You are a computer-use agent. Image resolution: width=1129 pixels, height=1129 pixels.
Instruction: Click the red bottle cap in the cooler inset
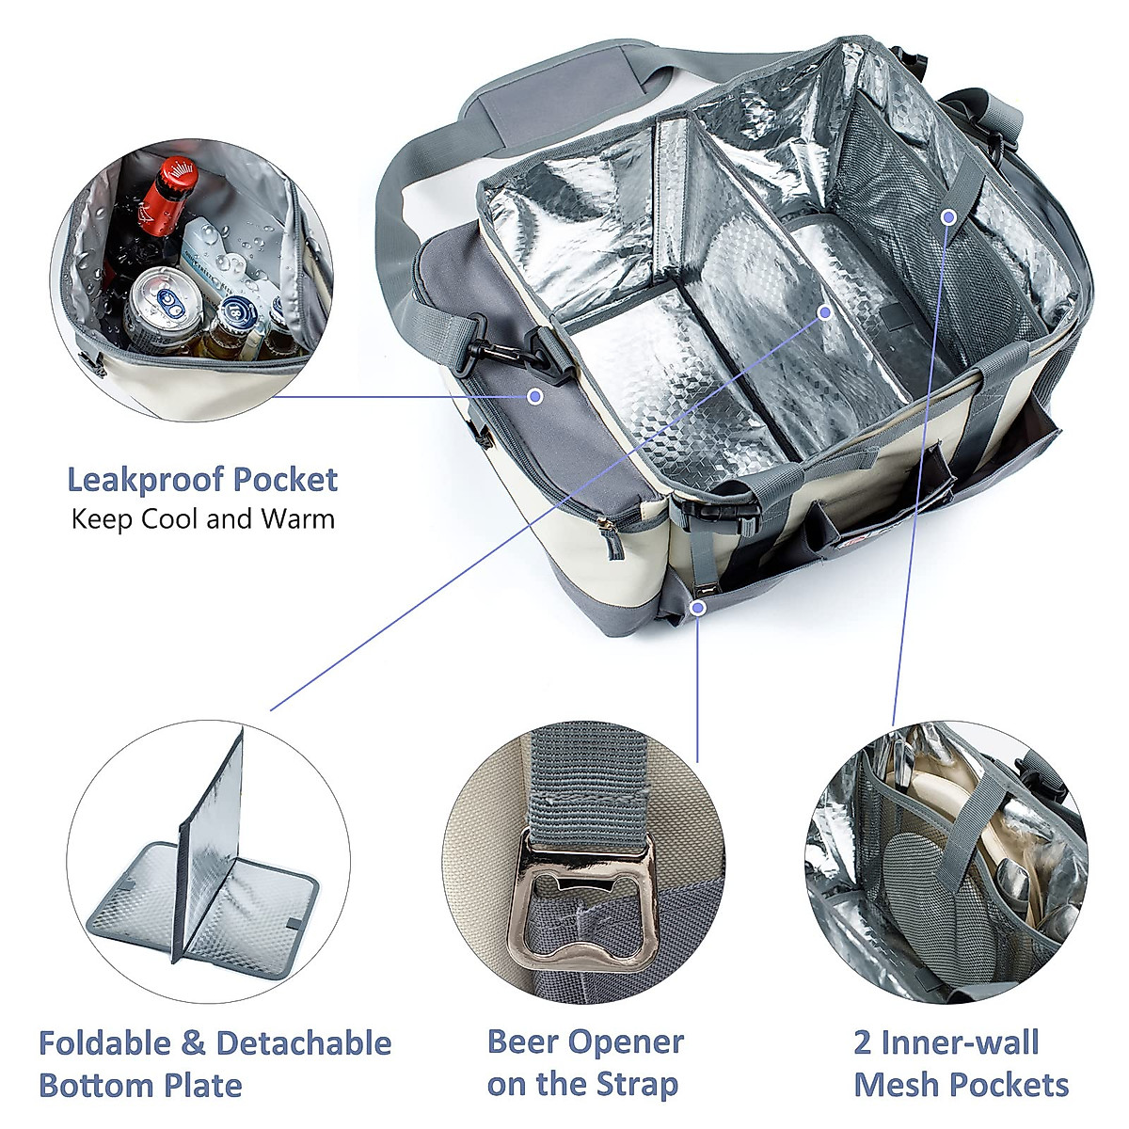point(175,176)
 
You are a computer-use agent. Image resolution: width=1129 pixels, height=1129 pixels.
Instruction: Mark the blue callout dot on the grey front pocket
point(534,396)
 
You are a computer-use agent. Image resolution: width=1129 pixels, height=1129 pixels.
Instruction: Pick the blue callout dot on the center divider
point(825,310)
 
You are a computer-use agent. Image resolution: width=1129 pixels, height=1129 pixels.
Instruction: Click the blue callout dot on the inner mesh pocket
point(948,217)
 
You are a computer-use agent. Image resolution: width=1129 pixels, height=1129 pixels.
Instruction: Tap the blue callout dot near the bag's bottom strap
point(698,608)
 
